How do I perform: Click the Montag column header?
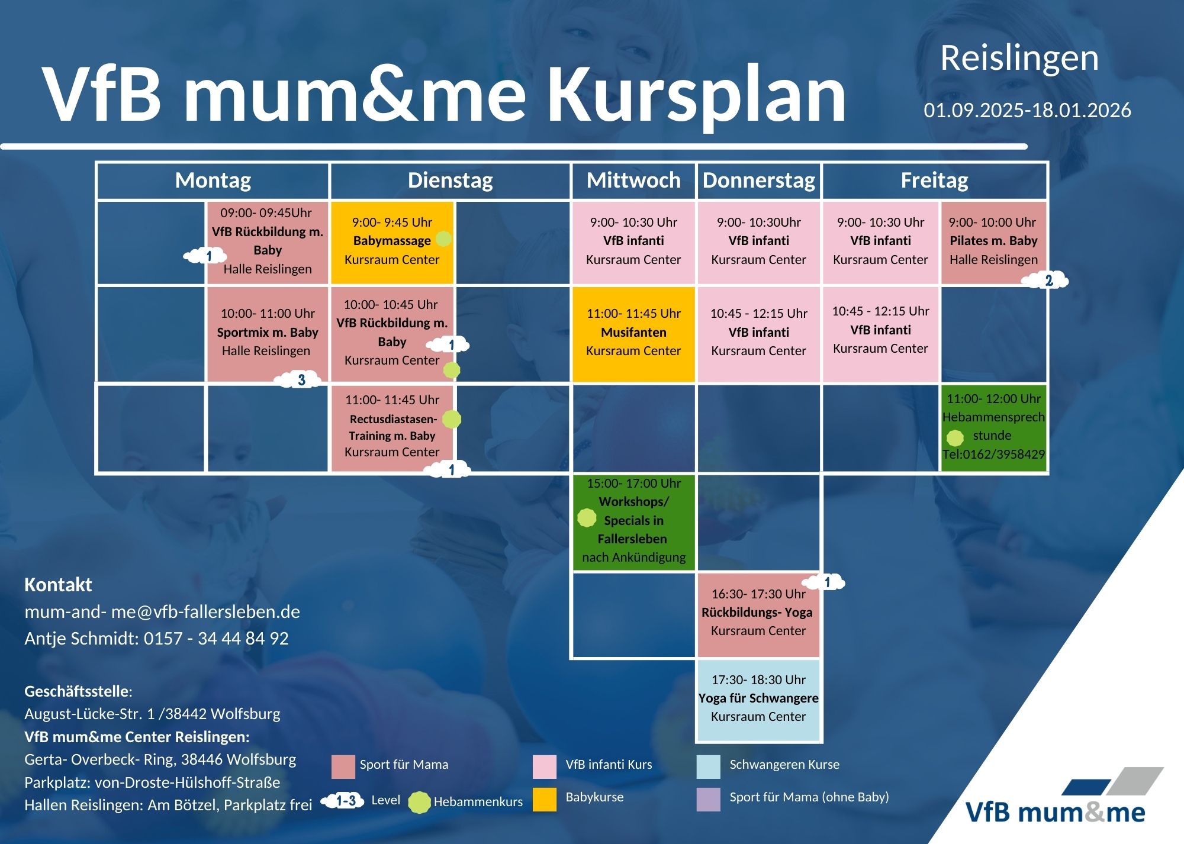click(213, 181)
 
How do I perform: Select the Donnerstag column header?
click(759, 181)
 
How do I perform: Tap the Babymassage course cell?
click(392, 243)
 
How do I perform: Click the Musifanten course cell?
click(633, 334)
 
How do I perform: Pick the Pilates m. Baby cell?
click(993, 243)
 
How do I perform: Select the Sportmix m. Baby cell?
click(267, 334)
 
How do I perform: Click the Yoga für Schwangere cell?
click(758, 700)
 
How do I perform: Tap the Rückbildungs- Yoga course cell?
click(758, 615)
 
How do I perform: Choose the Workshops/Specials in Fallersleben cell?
click(633, 522)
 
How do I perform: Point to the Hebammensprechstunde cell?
click(993, 428)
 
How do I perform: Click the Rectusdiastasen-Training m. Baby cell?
click(392, 428)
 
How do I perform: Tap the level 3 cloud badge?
click(300, 379)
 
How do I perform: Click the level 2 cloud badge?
click(1047, 280)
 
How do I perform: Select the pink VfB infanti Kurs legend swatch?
click(544, 766)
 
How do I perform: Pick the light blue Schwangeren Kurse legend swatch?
click(709, 766)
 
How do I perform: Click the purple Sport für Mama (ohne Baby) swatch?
click(709, 799)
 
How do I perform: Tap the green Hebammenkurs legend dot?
click(420, 802)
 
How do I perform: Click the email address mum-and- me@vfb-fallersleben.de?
click(162, 611)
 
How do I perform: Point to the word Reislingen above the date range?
click(1019, 59)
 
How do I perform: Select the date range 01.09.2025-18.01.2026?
click(1027, 110)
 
